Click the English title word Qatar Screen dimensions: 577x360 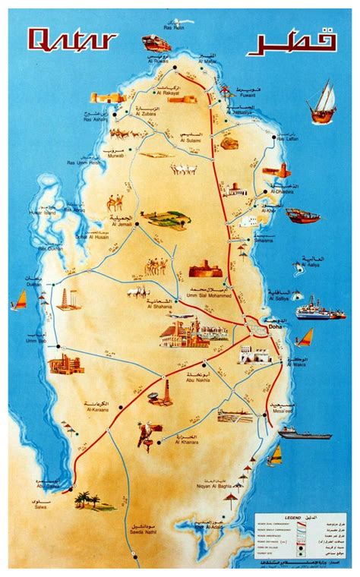tap(71, 39)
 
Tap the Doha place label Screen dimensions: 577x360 tap(275, 326)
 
